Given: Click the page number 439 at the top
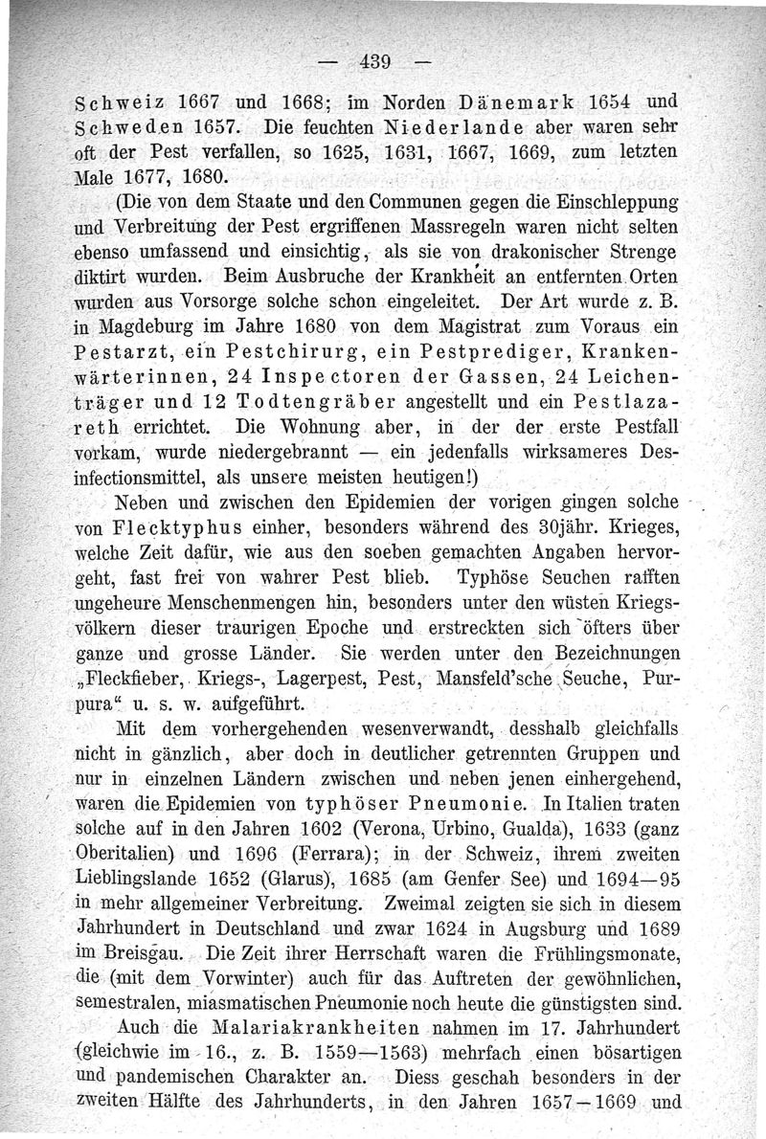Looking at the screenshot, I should (379, 63).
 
